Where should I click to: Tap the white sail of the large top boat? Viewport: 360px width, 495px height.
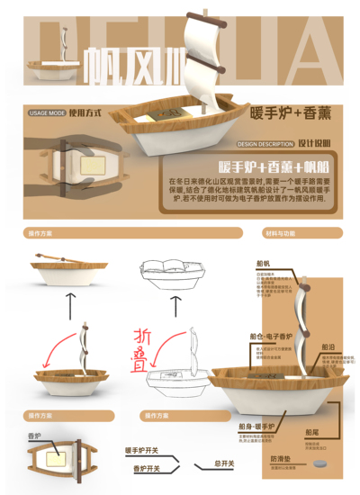203,54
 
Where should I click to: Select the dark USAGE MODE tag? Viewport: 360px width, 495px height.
47,114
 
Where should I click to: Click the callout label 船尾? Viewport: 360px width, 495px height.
312,432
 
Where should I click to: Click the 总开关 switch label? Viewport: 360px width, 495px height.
224,464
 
